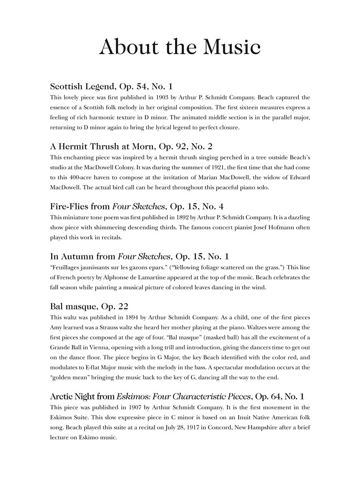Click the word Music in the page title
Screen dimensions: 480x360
[231, 47]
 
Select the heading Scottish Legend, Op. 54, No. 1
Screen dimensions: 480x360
[111, 87]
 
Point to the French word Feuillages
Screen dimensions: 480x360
[66, 267]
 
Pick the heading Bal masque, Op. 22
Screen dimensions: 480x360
[89, 307]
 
